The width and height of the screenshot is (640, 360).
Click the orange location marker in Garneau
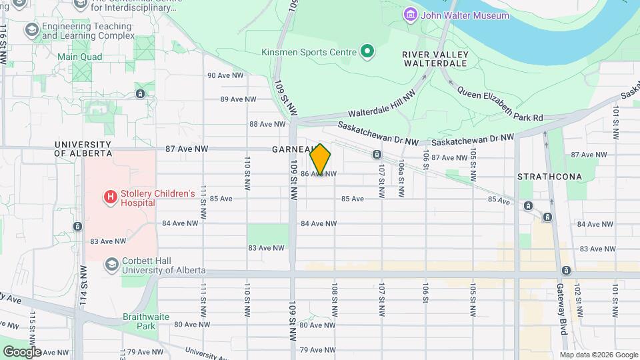pos(321,159)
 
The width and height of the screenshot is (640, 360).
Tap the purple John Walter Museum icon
pos(410,15)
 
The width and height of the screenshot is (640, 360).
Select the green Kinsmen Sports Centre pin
pos(366,51)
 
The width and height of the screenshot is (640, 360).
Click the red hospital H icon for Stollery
pos(109,197)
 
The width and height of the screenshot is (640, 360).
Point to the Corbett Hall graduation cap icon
pos(111,265)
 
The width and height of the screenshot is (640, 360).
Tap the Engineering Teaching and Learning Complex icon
pos(31,30)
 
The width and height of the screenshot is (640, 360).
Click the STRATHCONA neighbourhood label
pos(549,177)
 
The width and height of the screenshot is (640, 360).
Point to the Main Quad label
pos(79,57)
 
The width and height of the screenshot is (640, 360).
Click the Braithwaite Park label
pos(139,321)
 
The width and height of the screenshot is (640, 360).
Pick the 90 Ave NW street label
pos(225,75)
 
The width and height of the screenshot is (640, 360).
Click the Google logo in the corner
pos(22,351)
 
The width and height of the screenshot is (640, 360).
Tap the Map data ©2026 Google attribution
pos(598,355)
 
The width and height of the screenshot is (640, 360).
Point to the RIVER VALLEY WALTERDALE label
pos(437,59)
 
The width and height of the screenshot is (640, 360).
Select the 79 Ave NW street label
pos(316,350)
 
